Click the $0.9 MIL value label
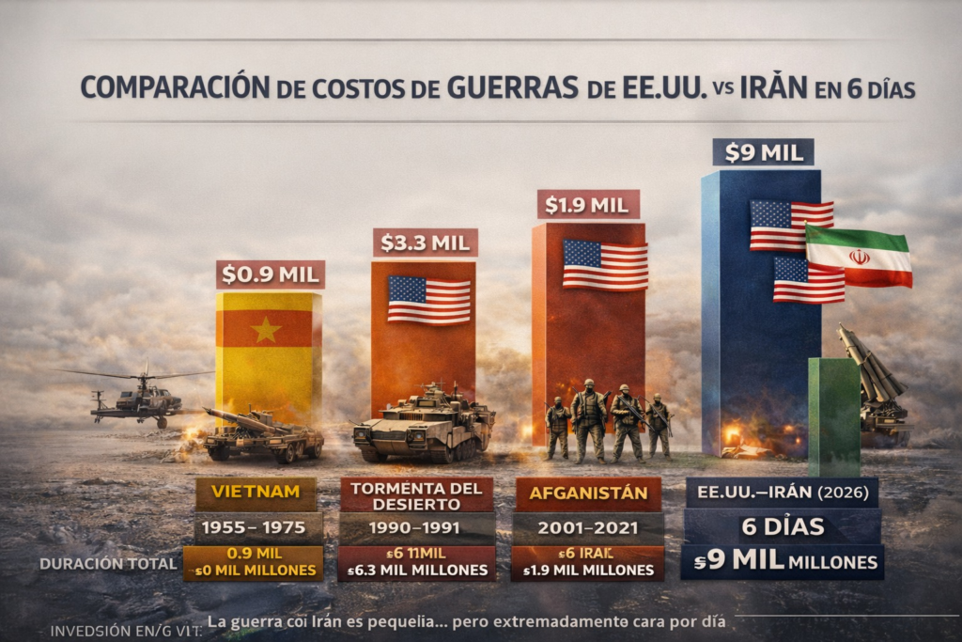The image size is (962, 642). pos(271,274)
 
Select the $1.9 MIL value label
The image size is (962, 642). pos(588,205)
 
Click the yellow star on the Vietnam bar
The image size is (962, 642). pos(266,330)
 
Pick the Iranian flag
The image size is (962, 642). pos(859,256)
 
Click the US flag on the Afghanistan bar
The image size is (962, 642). pos(605,264)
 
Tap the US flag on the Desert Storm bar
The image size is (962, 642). pos(429,300)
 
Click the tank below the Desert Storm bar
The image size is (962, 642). pos(424,426)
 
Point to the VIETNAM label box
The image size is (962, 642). pos(256,492)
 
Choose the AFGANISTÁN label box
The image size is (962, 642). pos(588,493)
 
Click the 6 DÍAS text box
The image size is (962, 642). pos(782,525)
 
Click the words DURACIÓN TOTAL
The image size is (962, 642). pos(108,564)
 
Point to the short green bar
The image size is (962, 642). pos(833,414)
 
